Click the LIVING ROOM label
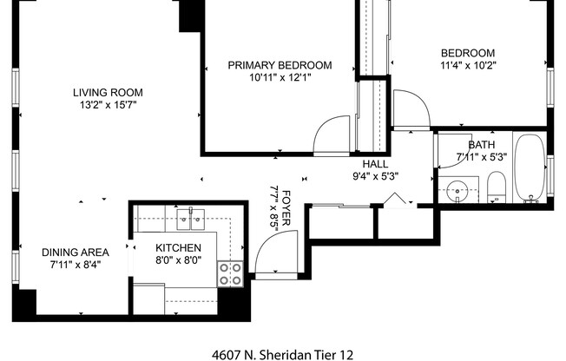point(108,93)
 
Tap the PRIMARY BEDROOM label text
point(280,65)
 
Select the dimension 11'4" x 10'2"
point(468,65)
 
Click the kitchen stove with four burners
point(229,274)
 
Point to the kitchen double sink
point(191,218)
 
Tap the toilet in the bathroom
point(497,187)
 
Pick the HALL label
point(375,163)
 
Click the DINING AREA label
point(76,253)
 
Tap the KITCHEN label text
point(180,247)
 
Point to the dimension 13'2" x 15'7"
point(108,105)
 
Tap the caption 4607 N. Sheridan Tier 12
point(283,354)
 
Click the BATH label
point(481,146)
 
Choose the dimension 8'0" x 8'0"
point(180,259)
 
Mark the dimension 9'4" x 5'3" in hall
point(374,175)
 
